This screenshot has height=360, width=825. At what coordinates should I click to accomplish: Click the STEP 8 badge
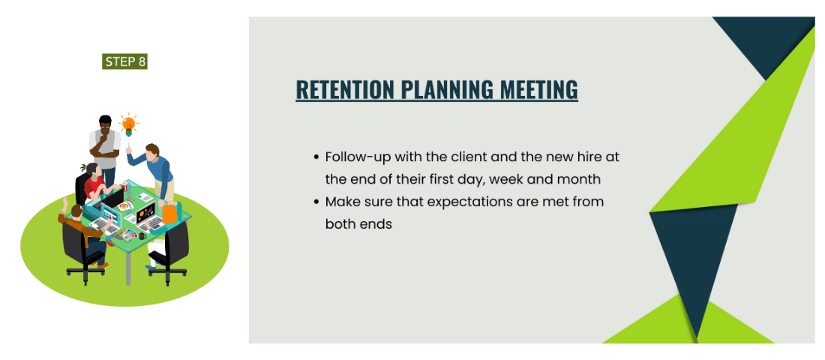pyautogui.click(x=124, y=61)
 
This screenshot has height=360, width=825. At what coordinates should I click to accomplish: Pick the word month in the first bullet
pyautogui.click(x=580, y=179)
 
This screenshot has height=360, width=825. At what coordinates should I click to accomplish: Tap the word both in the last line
pyautogui.click(x=339, y=223)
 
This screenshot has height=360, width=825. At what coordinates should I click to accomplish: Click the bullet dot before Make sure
pyautogui.click(x=316, y=202)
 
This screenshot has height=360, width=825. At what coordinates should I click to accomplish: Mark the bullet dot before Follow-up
pyautogui.click(x=316, y=157)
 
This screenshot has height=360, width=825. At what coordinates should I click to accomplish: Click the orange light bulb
pyautogui.click(x=128, y=124)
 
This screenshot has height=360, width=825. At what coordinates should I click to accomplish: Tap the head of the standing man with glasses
pyautogui.click(x=105, y=123)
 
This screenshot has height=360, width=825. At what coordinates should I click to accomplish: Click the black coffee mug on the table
pyautogui.click(x=142, y=236)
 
